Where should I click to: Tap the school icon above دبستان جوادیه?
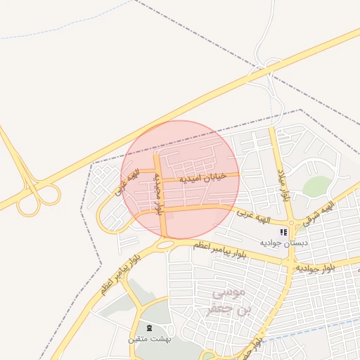coord(283,231)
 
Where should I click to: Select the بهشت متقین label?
coord(149,339)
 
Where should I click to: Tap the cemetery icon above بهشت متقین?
coord(148,328)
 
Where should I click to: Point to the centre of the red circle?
coord(181,179)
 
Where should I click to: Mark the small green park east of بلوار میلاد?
coord(317,186)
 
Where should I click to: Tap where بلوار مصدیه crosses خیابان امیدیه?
coord(158,176)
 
